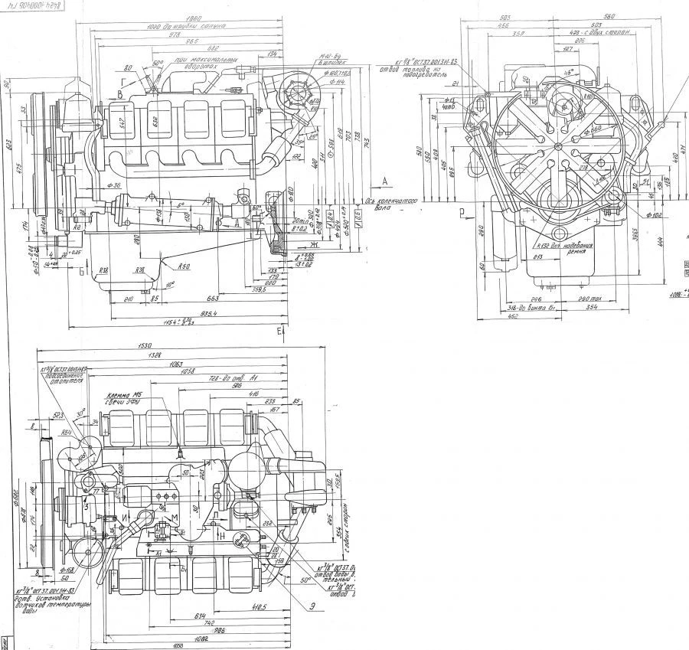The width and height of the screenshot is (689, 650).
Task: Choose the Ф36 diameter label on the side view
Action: click(116, 185)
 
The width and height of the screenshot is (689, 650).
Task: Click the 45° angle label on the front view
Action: click(569, 74)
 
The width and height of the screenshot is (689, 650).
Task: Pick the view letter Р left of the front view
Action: click(462, 209)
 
